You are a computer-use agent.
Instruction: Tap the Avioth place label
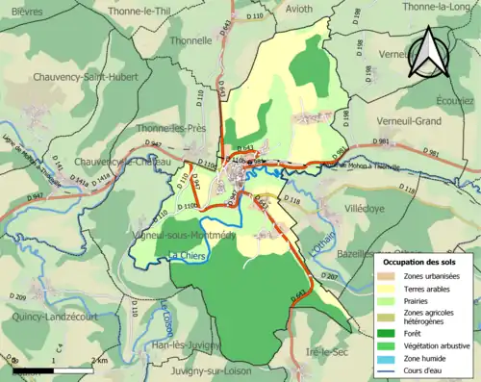click(277, 11)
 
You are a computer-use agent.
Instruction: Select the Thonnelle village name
click(190, 41)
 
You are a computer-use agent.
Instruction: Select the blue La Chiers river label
click(188, 256)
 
